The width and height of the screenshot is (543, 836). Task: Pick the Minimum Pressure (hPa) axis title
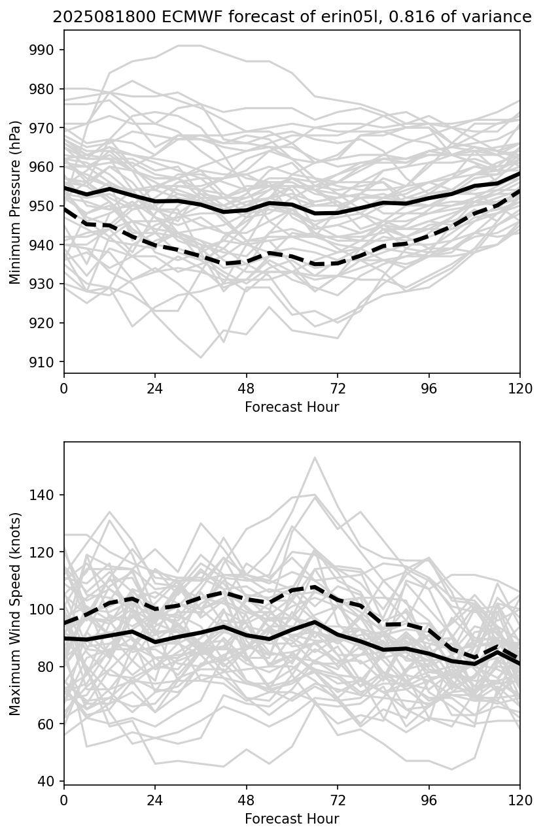[x=16, y=202]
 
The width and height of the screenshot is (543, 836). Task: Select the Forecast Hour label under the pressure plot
[x=292, y=408]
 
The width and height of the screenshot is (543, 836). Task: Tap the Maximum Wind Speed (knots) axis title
[x=16, y=613]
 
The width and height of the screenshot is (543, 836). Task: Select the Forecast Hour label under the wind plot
[x=292, y=819]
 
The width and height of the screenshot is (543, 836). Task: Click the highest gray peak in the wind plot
[x=315, y=458]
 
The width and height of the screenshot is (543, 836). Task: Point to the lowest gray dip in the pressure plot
[x=201, y=358]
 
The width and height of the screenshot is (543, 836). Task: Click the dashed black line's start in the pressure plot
[x=65, y=209]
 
